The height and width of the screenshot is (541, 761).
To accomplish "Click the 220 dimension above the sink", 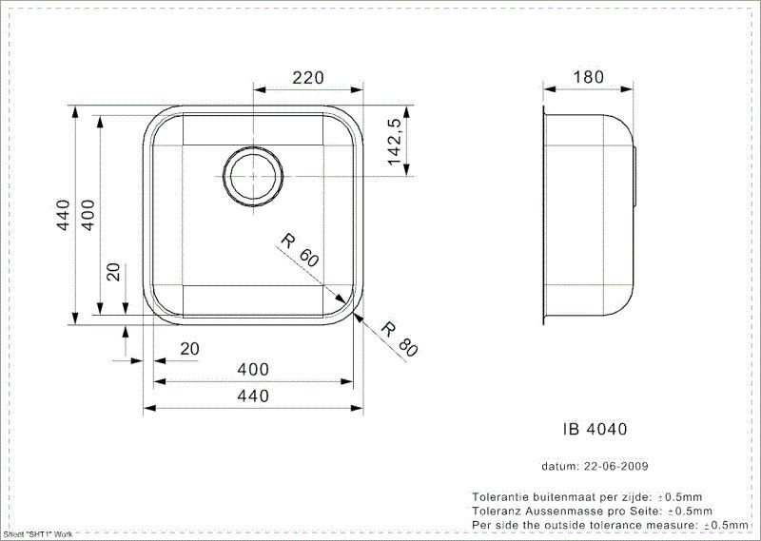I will click(307, 77).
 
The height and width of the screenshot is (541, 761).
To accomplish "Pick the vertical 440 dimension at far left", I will click(63, 217).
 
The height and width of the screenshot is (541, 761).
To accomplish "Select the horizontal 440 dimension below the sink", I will click(252, 396).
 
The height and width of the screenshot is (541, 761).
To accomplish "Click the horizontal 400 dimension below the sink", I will click(252, 369).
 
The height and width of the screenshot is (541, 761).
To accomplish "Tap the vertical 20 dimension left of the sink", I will click(112, 273).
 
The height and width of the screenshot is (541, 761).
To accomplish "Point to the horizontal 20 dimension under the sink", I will click(189, 349).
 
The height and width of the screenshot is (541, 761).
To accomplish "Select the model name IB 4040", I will click(589, 429).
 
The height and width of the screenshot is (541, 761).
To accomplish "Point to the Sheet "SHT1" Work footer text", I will click(38, 535).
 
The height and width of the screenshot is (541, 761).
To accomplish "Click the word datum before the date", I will click(559, 467).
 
